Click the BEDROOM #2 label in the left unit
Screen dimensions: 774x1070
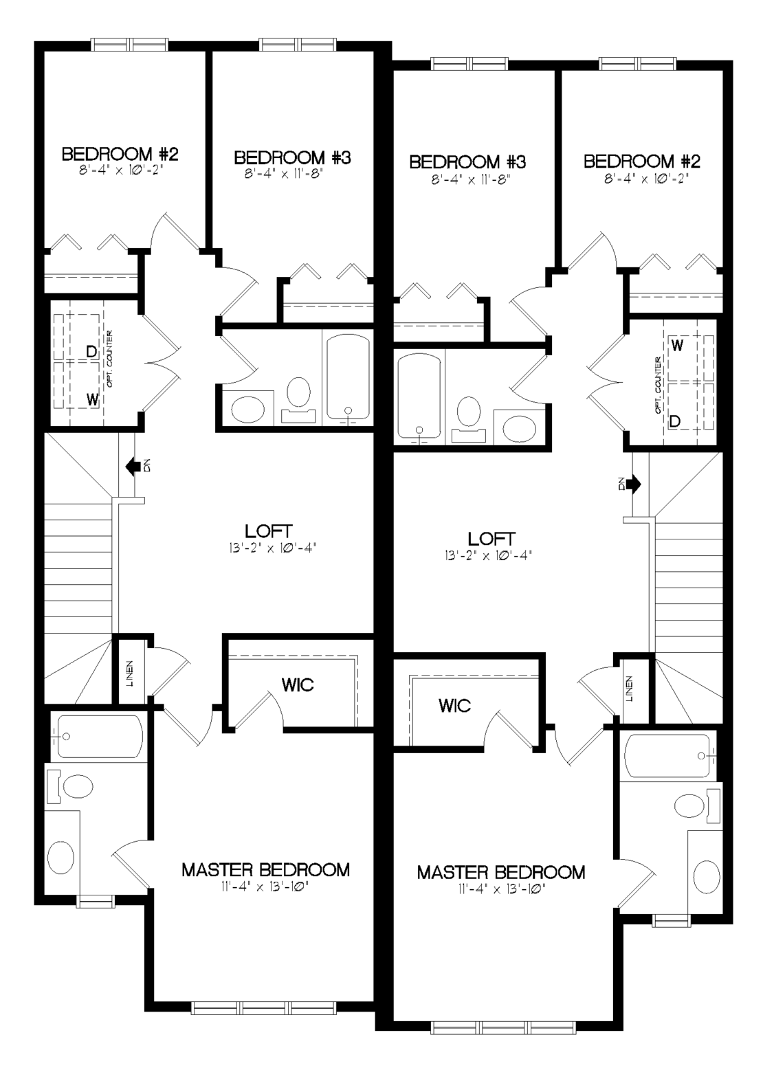click(x=120, y=155)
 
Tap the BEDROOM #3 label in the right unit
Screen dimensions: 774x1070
click(x=467, y=162)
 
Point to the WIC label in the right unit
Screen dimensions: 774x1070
click(x=454, y=705)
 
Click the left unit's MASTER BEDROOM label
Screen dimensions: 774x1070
click(x=265, y=869)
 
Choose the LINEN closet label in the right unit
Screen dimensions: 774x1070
click(x=629, y=689)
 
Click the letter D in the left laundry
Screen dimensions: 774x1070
click(x=91, y=352)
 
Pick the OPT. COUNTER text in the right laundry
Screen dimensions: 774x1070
click(x=659, y=385)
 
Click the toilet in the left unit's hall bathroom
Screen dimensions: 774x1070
click(x=298, y=400)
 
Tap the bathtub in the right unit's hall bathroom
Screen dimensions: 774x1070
click(x=419, y=398)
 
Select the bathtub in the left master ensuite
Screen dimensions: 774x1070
click(x=100, y=736)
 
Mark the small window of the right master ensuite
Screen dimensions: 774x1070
click(x=672, y=920)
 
